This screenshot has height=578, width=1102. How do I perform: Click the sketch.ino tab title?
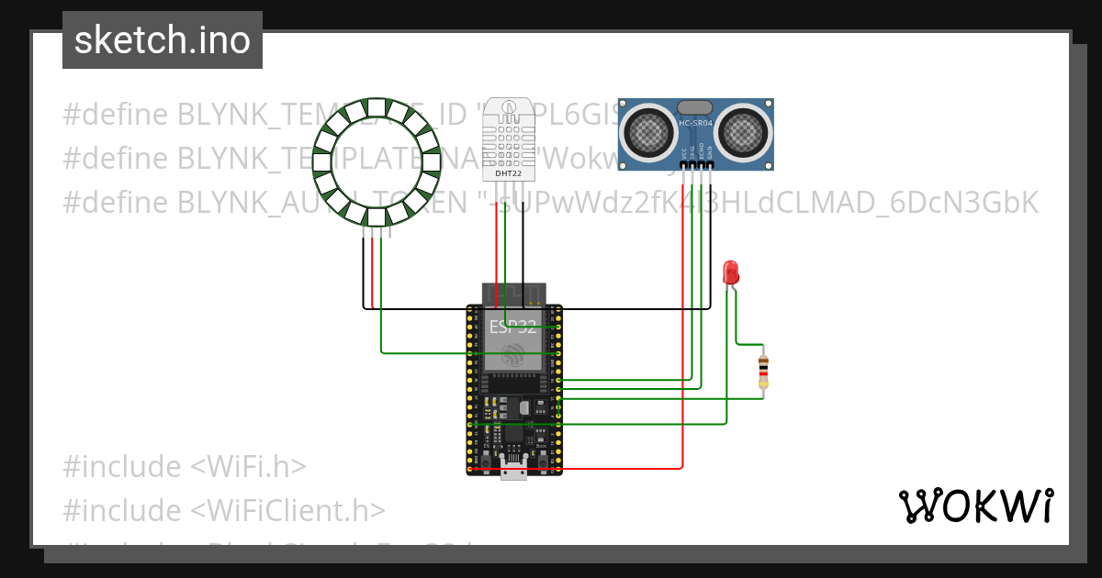click(163, 40)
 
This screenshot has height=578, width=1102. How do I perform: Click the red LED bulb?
click(731, 272)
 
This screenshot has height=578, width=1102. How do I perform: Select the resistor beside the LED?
click(763, 371)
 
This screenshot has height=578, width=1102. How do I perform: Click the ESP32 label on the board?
click(513, 327)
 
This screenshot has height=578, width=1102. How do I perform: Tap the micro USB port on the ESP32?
click(513, 472)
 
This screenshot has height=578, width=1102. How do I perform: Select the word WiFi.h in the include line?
click(248, 466)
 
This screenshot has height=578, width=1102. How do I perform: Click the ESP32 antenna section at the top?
click(513, 295)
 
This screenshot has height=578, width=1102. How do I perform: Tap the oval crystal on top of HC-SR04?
click(695, 107)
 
